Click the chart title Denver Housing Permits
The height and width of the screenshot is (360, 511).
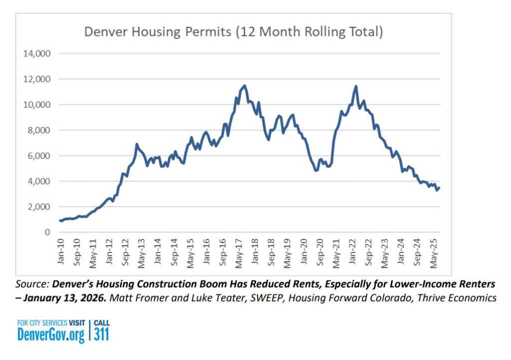(234, 32)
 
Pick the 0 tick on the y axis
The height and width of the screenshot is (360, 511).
(47, 232)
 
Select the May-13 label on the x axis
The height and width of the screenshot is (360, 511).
(141, 252)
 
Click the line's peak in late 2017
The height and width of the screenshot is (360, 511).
(244, 86)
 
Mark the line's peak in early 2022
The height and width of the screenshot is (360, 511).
(356, 86)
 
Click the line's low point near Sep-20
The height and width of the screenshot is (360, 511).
(316, 171)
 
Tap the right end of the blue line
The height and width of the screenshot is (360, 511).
(439, 187)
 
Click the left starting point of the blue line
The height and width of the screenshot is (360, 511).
(60, 220)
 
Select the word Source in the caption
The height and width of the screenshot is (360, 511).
(32, 284)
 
